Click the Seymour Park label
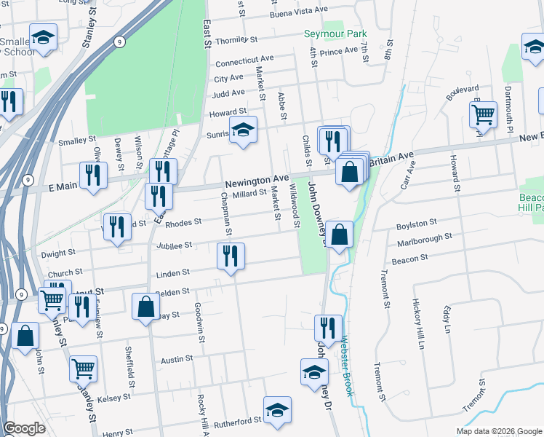335,34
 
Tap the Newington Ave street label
257,181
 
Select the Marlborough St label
425,237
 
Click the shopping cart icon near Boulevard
483,114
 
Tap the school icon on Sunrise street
243,130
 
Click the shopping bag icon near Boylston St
339,235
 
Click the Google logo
24,428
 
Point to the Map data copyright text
498,431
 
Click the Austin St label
176,359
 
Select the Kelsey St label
113,398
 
